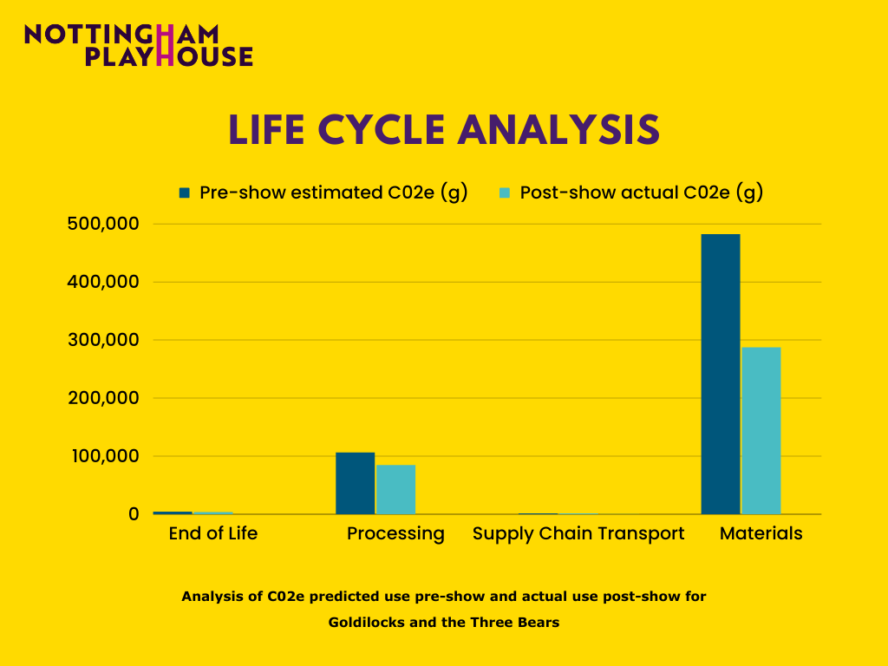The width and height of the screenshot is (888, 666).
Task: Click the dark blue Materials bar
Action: [x=720, y=374]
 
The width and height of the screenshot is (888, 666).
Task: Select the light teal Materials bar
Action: [x=761, y=430]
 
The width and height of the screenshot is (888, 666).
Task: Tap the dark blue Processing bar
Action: [x=355, y=483]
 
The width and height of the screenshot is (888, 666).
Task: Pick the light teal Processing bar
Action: [x=395, y=489]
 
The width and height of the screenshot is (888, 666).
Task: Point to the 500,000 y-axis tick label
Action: [x=102, y=224]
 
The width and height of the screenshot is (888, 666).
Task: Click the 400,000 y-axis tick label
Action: [x=102, y=282]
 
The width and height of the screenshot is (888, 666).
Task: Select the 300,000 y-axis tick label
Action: [x=102, y=340]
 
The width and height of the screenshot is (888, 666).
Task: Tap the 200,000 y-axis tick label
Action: [x=102, y=398]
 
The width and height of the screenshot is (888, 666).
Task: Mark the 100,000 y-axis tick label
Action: [x=102, y=456]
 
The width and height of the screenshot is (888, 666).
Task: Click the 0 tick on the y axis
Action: [x=133, y=514]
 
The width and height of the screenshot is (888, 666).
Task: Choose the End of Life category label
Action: [x=213, y=533]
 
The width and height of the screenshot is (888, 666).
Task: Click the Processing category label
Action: [x=395, y=533]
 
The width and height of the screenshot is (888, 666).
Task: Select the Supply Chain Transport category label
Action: [x=578, y=533]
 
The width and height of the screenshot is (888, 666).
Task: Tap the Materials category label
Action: [x=761, y=533]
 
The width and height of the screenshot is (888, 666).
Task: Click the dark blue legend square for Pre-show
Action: [x=184, y=193]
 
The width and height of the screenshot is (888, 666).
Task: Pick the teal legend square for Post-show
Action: [x=504, y=193]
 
